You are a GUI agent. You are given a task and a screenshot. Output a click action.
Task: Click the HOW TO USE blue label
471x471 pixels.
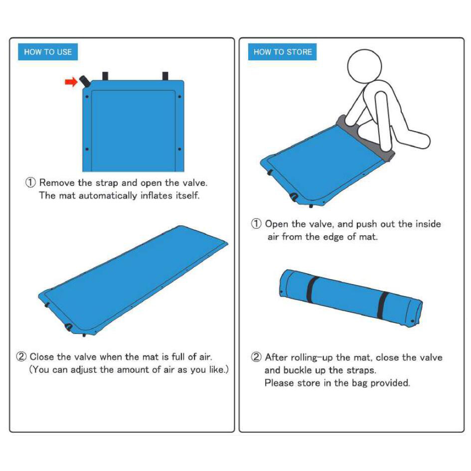[x=48, y=52]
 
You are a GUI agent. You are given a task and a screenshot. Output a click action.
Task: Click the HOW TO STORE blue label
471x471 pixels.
[x=283, y=52]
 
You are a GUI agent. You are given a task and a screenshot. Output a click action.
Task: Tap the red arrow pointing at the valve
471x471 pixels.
[x=71, y=82]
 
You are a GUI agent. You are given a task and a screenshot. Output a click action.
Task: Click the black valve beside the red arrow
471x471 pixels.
[x=84, y=81]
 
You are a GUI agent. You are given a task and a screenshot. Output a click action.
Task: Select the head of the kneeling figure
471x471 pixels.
[x=364, y=66]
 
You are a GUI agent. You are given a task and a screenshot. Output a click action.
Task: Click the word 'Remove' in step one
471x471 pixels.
[x=57, y=182]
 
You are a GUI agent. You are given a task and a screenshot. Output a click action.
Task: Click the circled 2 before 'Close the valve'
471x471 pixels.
[x=21, y=357]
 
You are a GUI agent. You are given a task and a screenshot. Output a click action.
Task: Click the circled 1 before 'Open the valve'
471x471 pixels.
[x=256, y=224]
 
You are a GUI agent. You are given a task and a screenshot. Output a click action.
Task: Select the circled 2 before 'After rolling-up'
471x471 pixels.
[x=256, y=357]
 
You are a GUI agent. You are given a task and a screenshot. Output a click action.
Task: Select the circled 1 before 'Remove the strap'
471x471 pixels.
[x=30, y=182]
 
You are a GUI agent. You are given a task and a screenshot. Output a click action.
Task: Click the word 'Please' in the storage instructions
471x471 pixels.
[x=278, y=383]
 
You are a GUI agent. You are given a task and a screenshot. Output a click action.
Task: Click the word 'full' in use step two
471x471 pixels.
[x=178, y=357]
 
